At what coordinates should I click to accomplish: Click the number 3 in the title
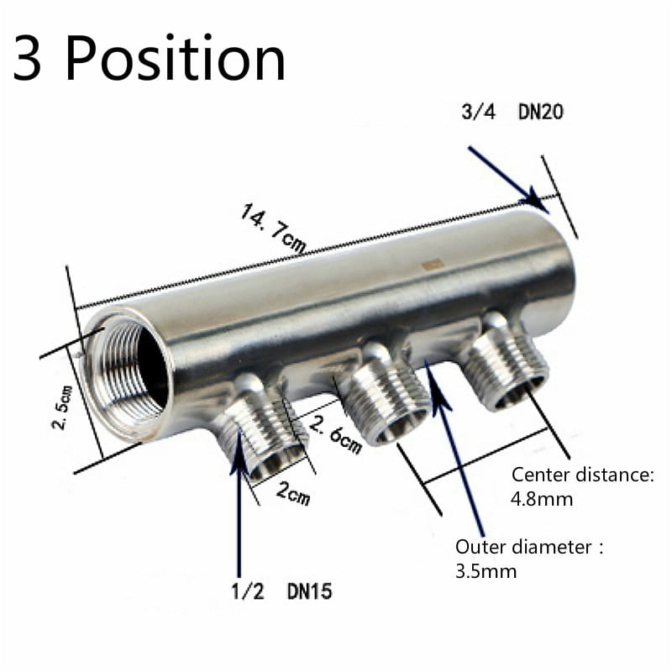click(28, 59)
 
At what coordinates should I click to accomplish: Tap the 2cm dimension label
click(293, 494)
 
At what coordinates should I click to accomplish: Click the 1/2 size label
click(248, 591)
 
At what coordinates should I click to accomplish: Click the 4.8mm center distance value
click(542, 499)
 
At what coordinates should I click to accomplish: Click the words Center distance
click(582, 475)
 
